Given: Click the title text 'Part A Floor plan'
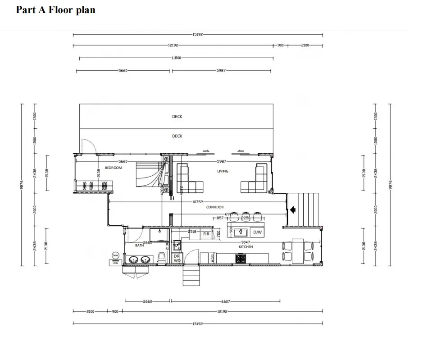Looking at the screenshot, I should click(55, 10).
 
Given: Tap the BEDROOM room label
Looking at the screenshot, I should click(114, 168).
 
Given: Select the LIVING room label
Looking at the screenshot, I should click(223, 171).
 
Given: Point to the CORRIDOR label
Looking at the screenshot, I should click(215, 207).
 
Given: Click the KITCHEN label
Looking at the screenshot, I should click(246, 247).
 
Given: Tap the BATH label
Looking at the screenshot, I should click(140, 246).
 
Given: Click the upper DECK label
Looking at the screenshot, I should click(177, 117).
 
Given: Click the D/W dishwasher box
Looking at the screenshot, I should click(257, 232).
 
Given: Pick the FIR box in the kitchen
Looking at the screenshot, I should click(206, 234).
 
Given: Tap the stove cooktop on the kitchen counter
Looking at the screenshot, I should click(241, 258).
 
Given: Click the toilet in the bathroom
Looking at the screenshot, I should click(162, 258).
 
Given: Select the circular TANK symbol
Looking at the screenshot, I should click(115, 255).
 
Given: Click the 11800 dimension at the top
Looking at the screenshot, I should click(176, 58).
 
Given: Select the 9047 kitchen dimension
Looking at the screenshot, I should click(246, 242).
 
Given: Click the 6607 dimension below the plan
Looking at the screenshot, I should click(226, 301).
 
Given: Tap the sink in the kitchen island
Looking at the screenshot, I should click(241, 232).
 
